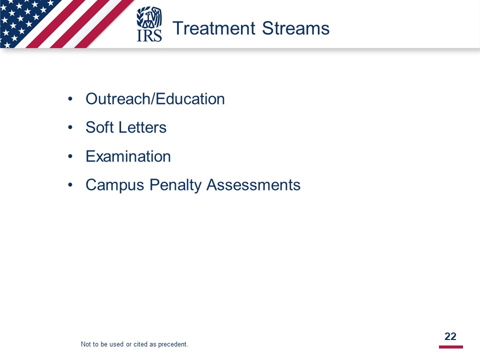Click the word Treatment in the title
coord(214,28)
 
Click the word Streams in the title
coord(295,28)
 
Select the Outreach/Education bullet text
coord(155,99)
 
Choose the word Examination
coord(128,156)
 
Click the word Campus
coord(115,185)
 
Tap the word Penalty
coord(175,185)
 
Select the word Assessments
coord(253,185)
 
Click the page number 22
coord(450,336)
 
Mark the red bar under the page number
coord(451,347)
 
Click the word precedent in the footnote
coord(172,344)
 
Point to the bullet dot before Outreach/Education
coord(70,99)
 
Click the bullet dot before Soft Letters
coord(70,127)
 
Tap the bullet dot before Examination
coord(70,156)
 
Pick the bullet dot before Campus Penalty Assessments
coord(70,185)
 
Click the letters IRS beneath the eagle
coord(149,35)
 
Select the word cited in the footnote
coord(140,344)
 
